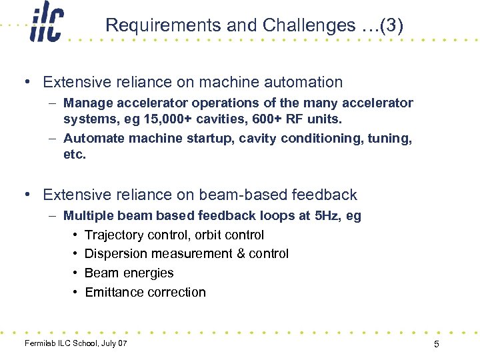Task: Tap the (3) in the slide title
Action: [x=391, y=25]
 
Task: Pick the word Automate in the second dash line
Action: [x=93, y=139]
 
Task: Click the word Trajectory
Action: [x=114, y=235]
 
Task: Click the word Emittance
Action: [x=115, y=292]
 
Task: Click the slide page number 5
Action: [x=436, y=344]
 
